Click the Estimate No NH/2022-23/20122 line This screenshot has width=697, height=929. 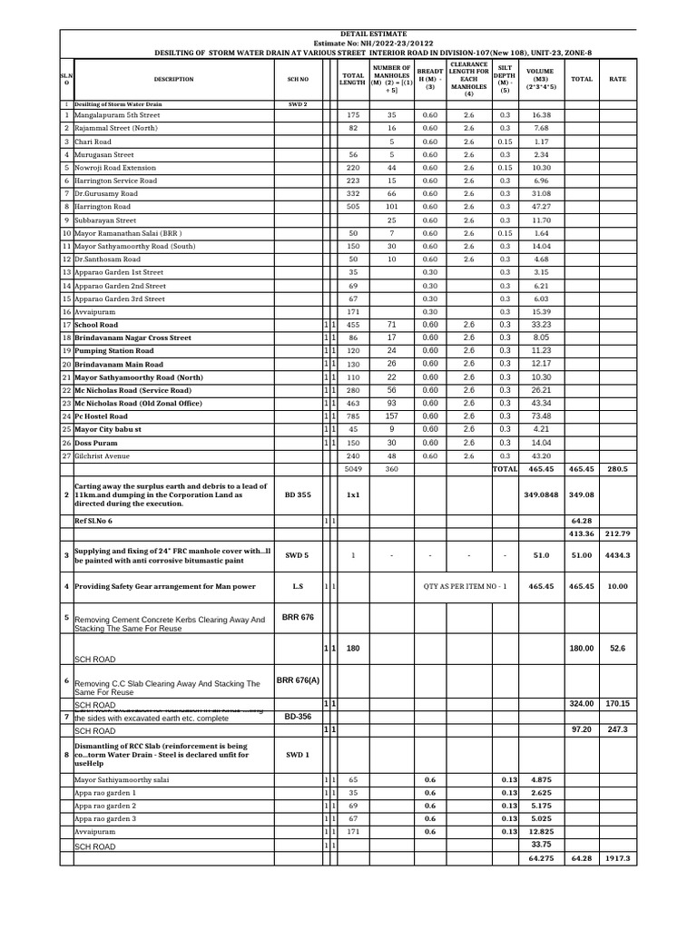[x=374, y=43]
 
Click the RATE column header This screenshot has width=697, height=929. [x=618, y=79]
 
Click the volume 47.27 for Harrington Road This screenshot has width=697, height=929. [x=542, y=207]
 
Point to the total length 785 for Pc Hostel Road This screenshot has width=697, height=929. [x=353, y=416]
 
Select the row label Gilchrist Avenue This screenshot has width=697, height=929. [x=103, y=455]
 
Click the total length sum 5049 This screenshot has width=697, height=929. [x=353, y=469]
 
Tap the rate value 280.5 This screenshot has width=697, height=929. [x=618, y=469]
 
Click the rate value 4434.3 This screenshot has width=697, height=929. [x=618, y=555]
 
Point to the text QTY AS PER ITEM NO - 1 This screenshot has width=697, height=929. [x=465, y=587]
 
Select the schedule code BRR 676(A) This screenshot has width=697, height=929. [x=298, y=680]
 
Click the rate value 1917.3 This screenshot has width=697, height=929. [x=618, y=857]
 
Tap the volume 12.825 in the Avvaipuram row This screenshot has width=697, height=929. [x=542, y=832]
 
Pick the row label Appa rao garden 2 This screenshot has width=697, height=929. [x=105, y=806]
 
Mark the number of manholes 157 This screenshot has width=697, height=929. [x=391, y=416]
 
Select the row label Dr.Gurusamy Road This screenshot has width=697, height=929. [x=106, y=194]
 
